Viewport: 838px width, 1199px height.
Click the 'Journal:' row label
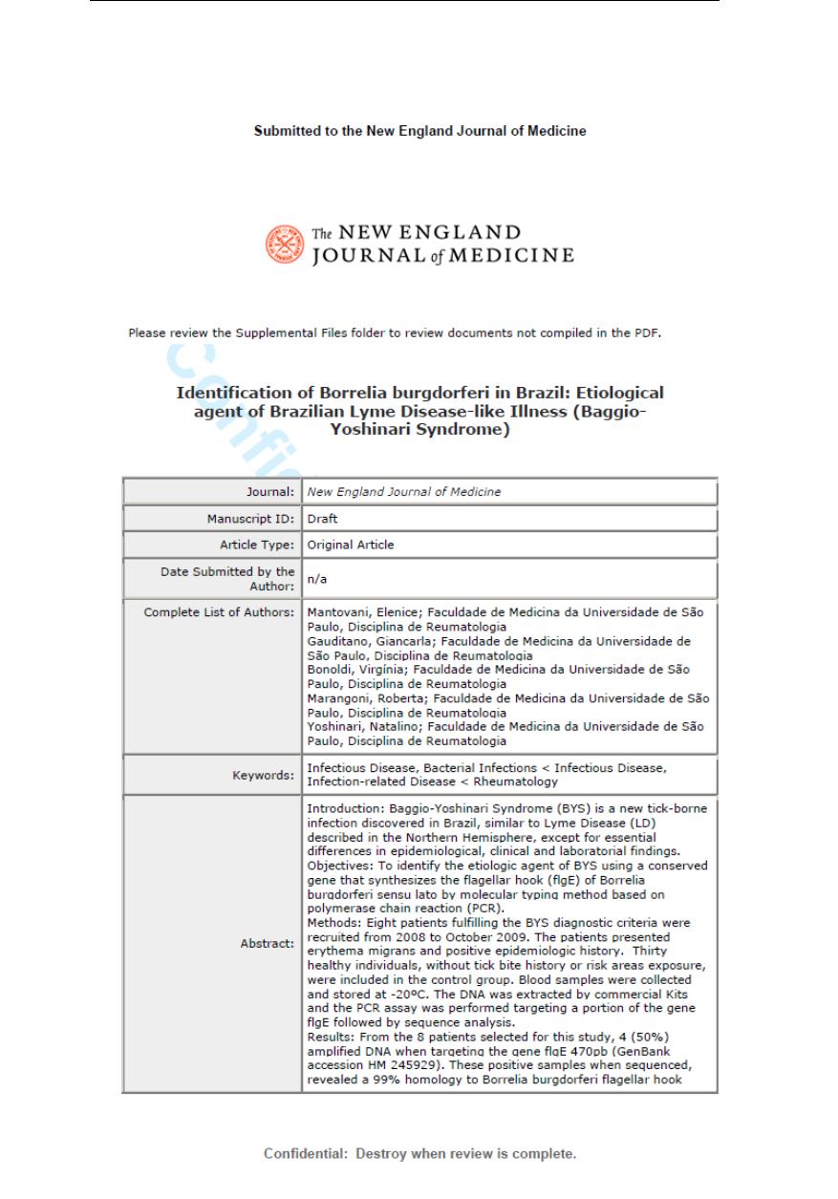[269, 492]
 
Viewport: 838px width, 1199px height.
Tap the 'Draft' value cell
[322, 519]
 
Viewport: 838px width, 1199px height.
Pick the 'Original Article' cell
[350, 545]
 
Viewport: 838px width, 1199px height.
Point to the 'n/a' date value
[316, 578]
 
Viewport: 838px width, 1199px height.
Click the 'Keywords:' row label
[263, 775]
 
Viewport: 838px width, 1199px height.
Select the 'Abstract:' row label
[267, 943]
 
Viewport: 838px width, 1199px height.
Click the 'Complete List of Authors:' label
[219, 611]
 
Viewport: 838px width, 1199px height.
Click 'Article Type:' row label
[256, 545]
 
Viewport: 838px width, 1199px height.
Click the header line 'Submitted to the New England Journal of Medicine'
[419, 131]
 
